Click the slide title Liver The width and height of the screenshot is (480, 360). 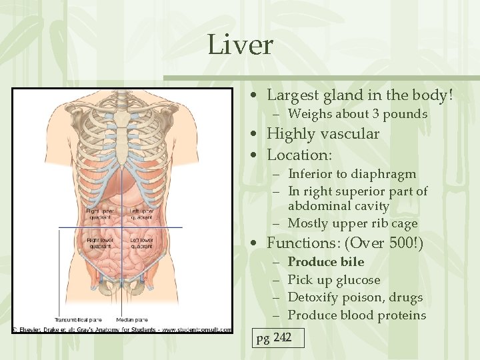tap(240, 45)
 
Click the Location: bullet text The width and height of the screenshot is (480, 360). tap(299, 155)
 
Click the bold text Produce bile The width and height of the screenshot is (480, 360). tap(326, 262)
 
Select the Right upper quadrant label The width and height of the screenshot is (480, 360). tap(99, 214)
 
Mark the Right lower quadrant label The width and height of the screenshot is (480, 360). tap(99, 241)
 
